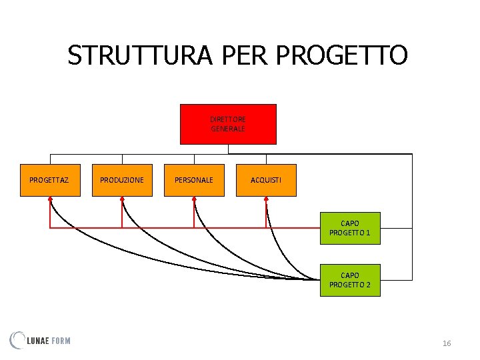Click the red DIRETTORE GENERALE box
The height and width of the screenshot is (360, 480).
(228, 124)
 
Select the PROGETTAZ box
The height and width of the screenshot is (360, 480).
(50, 180)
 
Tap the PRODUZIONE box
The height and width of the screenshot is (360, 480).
(122, 180)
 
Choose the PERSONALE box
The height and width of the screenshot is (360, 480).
(194, 180)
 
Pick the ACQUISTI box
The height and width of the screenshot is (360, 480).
(266, 180)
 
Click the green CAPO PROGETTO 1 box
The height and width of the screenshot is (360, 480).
(350, 228)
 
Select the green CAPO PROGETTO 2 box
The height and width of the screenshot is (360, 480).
(350, 280)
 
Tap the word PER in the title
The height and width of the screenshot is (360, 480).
(236, 55)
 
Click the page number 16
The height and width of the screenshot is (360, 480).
(447, 343)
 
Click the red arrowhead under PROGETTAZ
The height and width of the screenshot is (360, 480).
(50, 199)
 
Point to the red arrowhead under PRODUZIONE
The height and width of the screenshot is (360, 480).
(122, 199)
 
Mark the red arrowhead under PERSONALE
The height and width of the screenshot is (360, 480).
(194, 199)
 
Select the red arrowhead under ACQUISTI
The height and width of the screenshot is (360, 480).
(266, 199)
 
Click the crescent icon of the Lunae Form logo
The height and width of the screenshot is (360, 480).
(17, 340)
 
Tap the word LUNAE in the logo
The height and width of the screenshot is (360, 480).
(37, 341)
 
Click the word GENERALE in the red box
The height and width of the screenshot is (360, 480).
(228, 129)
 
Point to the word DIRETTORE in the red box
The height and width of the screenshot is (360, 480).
(228, 119)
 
